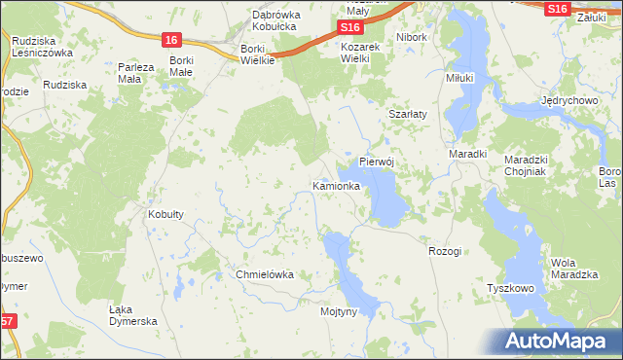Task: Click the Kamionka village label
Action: (x=337, y=185)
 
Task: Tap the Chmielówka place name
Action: (x=265, y=274)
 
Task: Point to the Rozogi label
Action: (x=444, y=251)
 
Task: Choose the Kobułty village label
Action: (x=165, y=214)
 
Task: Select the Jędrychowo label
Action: (x=569, y=102)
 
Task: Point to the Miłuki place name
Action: (x=459, y=78)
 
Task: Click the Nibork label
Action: (x=412, y=37)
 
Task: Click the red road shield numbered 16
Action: (x=171, y=40)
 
